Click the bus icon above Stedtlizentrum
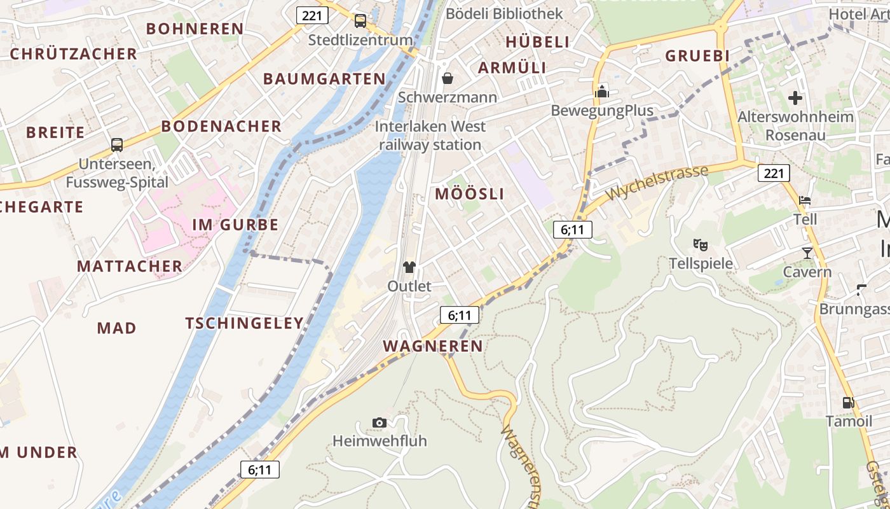pyautogui.click(x=360, y=21)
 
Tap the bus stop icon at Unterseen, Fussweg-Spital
pyautogui.click(x=117, y=144)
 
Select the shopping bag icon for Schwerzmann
pyautogui.click(x=448, y=78)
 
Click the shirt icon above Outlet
pyautogui.click(x=409, y=267)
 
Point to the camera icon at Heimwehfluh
pyautogui.click(x=380, y=422)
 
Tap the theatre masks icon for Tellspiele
pyautogui.click(x=701, y=244)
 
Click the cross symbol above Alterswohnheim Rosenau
pyautogui.click(x=795, y=98)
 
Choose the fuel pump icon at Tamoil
pyautogui.click(x=848, y=402)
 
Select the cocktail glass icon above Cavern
pyautogui.click(x=807, y=253)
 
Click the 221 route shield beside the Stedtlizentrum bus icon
pyautogui.click(x=312, y=15)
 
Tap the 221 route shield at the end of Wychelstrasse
pyautogui.click(x=774, y=172)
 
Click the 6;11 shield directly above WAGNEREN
pyautogui.click(x=459, y=314)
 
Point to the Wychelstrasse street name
pyautogui.click(x=657, y=183)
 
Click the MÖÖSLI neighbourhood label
pyautogui.click(x=469, y=194)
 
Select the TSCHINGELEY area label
pyautogui.click(x=245, y=323)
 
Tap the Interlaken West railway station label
pyautogui.click(x=430, y=136)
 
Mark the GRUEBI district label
pyautogui.click(x=697, y=56)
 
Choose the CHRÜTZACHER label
pyautogui.click(x=74, y=54)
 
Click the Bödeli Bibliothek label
pyautogui.click(x=504, y=13)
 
